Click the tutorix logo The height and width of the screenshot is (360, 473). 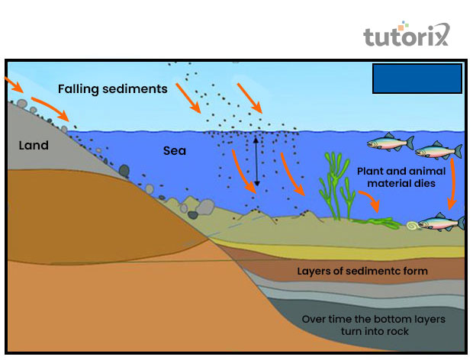[407, 36]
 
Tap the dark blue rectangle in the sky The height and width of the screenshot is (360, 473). [417, 79]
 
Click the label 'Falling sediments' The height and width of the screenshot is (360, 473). [114, 88]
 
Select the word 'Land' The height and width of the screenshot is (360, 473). [34, 145]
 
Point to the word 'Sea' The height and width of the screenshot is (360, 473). [175, 151]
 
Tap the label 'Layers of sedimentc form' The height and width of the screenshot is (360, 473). [362, 271]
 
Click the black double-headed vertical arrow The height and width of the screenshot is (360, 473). [257, 160]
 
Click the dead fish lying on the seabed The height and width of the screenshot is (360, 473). [442, 223]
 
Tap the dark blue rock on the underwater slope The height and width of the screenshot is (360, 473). [124, 169]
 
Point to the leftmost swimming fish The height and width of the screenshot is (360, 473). [390, 142]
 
